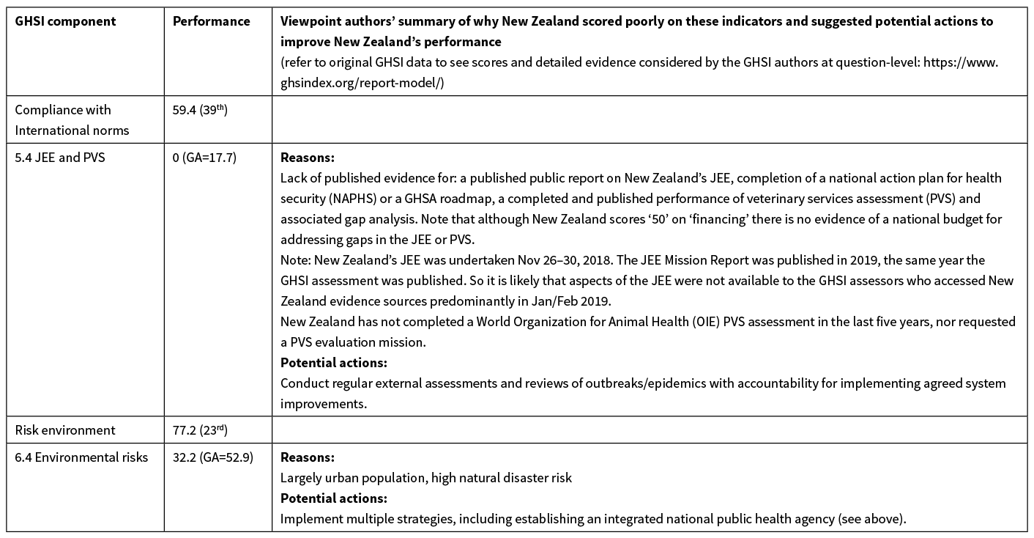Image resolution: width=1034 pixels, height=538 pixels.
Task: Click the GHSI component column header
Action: click(x=65, y=21)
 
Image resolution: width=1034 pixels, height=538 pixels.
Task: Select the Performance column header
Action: click(x=211, y=21)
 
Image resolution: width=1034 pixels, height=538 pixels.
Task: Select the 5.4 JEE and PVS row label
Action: click(x=60, y=158)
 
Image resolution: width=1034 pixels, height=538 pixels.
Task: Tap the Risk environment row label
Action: click(x=65, y=430)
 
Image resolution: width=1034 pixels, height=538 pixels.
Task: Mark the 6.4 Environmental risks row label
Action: click(x=81, y=457)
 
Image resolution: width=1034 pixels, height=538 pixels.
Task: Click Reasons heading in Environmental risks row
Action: click(x=307, y=457)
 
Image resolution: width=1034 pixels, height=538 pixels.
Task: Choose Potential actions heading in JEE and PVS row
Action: click(x=333, y=363)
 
